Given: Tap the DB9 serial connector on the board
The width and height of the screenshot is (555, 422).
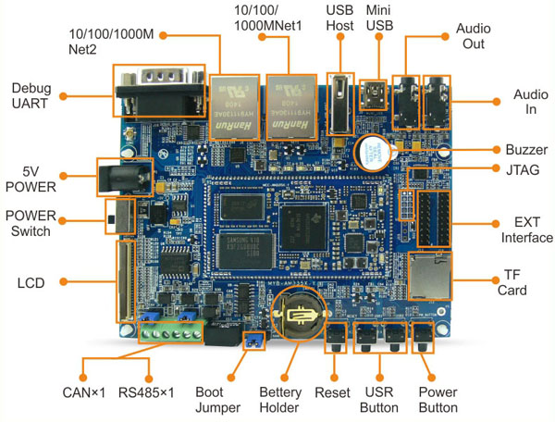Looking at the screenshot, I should click(x=157, y=90).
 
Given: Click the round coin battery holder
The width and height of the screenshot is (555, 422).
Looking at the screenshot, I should click(x=298, y=315).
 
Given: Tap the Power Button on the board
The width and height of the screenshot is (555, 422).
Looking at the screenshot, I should click(x=425, y=338).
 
